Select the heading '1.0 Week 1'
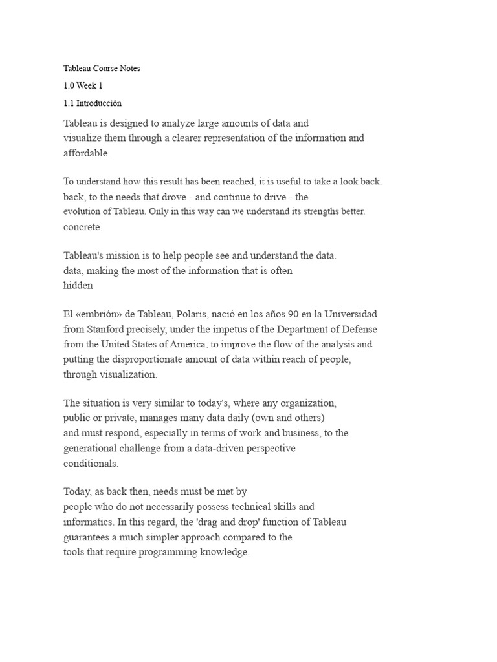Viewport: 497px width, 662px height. (x=83, y=85)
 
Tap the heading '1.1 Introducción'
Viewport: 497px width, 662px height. (x=93, y=103)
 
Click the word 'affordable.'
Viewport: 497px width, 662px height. (x=88, y=153)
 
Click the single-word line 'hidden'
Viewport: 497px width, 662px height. (x=78, y=286)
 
